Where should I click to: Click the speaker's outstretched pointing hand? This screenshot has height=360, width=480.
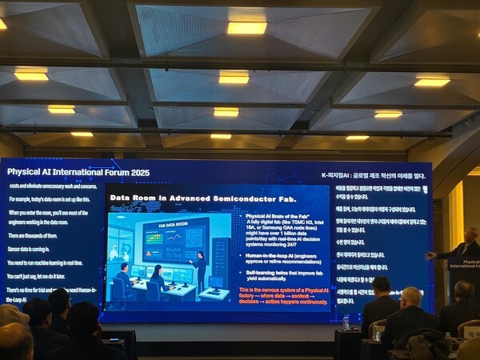click(x=431, y=255)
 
